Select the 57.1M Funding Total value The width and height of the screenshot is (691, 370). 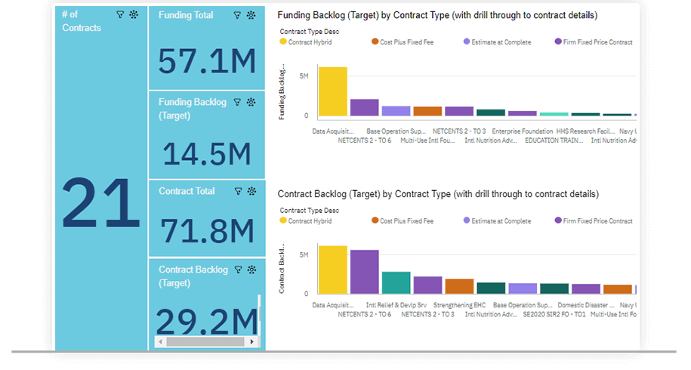pos(207,60)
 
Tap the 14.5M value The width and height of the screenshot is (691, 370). pos(207,154)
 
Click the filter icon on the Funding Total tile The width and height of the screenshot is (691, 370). pos(237,15)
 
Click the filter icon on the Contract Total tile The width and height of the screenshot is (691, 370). pos(238,192)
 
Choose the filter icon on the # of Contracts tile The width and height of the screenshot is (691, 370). pos(119,15)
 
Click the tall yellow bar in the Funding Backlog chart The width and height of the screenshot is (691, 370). pos(332,91)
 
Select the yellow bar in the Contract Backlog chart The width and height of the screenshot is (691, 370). pos(332,270)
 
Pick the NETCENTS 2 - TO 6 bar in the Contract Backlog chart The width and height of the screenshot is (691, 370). pos(364,272)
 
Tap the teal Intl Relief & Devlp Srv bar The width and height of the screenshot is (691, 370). pos(396,282)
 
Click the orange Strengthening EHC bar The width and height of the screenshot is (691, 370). pos(459,286)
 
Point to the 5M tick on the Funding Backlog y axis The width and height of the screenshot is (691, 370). pos(303,76)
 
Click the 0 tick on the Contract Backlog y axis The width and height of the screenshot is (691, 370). pos(305,294)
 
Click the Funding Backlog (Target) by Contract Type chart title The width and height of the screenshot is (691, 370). pos(438,15)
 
